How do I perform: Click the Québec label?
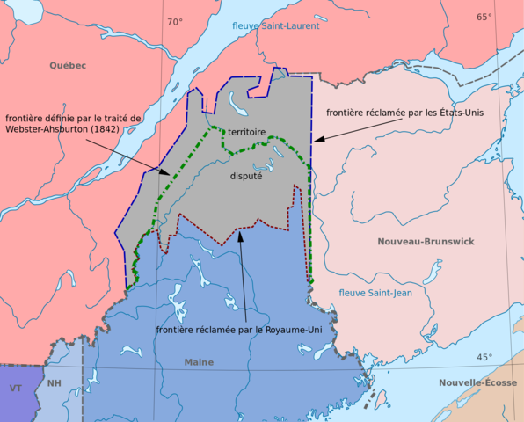(68, 65)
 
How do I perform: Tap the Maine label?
(199, 362)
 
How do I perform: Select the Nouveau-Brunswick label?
(426, 241)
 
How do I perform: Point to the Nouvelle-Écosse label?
(478, 382)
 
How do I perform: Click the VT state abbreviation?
(16, 388)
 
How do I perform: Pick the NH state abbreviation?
(55, 383)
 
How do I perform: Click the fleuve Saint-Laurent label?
(275, 26)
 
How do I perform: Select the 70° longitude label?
(175, 21)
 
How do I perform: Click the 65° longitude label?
(484, 17)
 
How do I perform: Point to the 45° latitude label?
(484, 357)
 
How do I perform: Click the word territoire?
(247, 131)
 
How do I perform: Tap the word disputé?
(246, 176)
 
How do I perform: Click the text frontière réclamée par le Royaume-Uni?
(237, 330)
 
